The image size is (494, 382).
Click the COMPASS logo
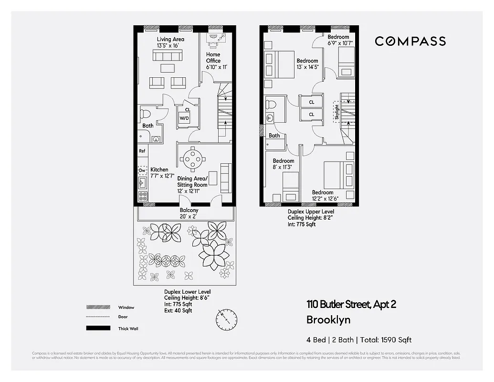410,42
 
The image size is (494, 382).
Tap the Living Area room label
170,42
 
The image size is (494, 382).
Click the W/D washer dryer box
184,117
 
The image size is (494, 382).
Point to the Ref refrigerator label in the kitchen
142,151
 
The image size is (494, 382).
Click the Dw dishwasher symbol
142,170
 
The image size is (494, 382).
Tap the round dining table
193,159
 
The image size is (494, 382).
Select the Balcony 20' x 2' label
189,213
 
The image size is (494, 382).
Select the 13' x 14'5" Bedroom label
307,64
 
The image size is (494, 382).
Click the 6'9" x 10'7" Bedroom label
338,40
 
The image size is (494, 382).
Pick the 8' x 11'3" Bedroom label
283,164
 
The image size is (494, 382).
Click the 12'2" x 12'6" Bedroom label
323,195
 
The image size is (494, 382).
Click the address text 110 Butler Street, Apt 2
351,304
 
